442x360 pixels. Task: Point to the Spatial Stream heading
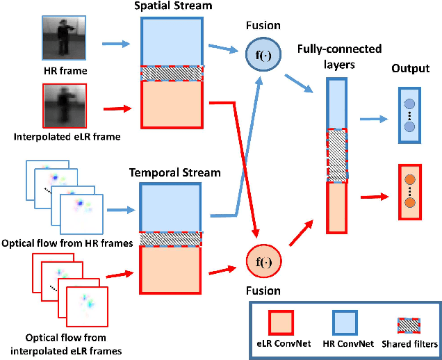172,6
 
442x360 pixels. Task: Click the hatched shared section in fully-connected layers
336,155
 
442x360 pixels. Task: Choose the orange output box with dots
410,193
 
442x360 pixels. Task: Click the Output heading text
409,69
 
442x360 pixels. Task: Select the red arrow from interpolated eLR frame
114,108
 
